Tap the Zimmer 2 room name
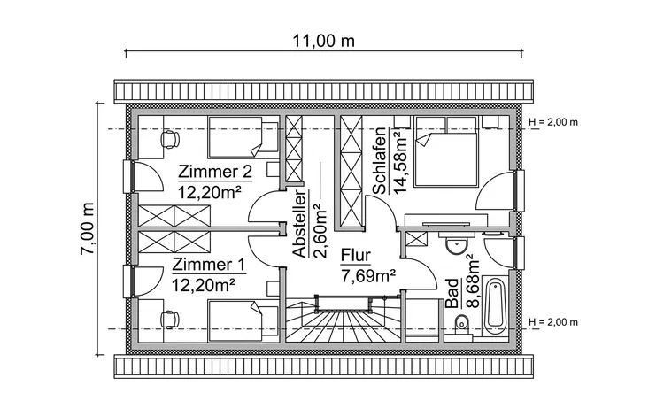(215, 171)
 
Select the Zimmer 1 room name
(208, 265)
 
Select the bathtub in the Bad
(494, 305)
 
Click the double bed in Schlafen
(448, 150)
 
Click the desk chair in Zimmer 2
(167, 137)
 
